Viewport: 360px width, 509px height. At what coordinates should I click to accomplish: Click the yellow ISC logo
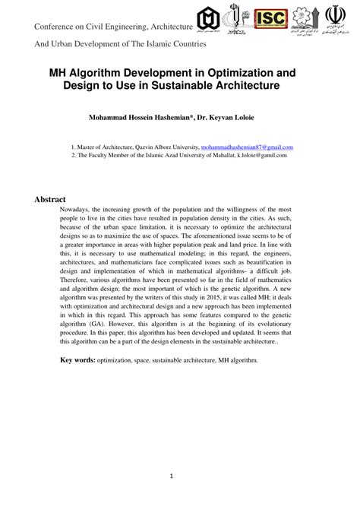point(271,18)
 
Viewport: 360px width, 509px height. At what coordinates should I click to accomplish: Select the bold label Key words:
point(78,359)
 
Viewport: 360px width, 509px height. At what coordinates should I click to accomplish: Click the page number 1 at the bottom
point(172,476)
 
